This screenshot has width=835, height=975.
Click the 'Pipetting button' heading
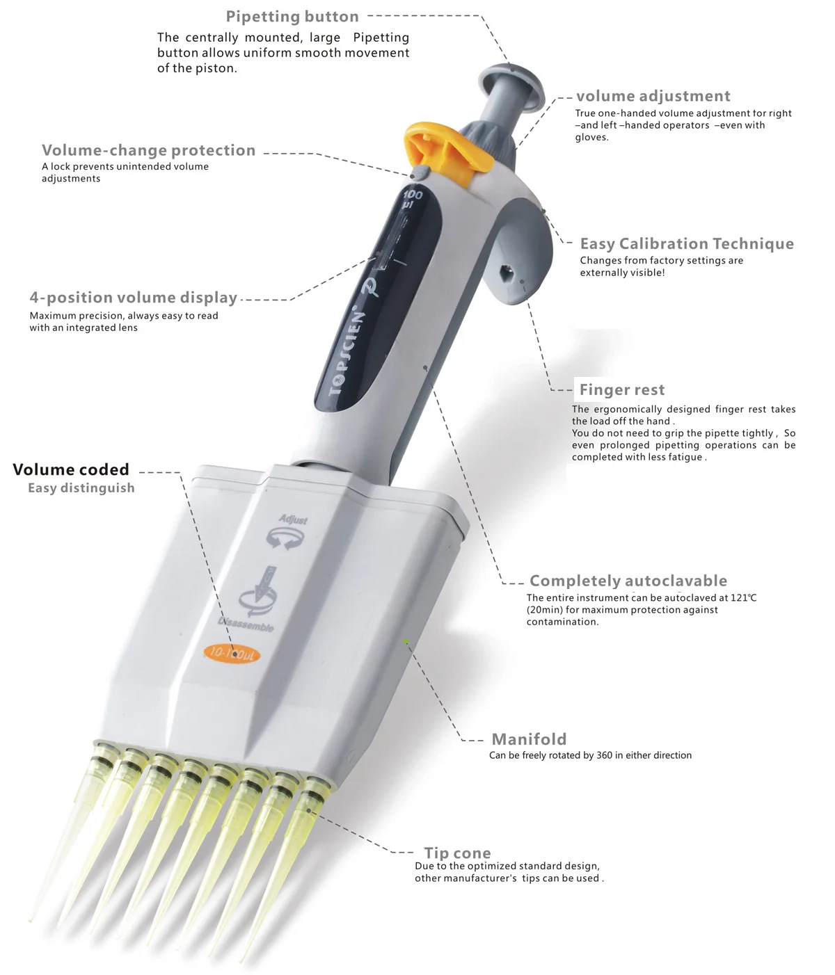[x=292, y=17]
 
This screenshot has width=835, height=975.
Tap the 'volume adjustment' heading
[x=653, y=96]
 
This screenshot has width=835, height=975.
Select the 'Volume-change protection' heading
[x=148, y=150]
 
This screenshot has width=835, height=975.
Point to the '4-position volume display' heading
[x=133, y=298]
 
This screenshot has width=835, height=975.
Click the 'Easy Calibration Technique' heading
[x=687, y=243]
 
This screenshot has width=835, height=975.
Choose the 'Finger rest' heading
[x=621, y=389]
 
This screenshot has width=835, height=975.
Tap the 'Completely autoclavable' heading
[x=628, y=581]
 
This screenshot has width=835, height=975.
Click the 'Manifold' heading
[x=529, y=739]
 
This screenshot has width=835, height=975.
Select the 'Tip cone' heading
[x=457, y=853]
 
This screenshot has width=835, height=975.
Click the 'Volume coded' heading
[x=71, y=469]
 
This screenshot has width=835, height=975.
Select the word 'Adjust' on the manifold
[x=293, y=519]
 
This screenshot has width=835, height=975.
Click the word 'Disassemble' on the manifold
[x=246, y=623]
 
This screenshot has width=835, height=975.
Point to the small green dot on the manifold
[x=406, y=641]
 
